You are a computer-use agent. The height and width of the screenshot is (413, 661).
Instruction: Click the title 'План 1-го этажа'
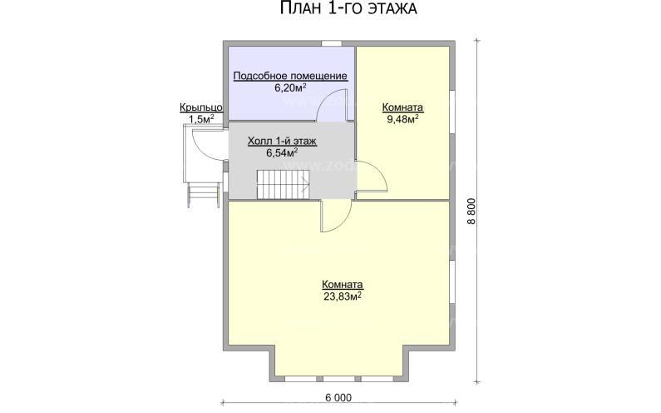348,8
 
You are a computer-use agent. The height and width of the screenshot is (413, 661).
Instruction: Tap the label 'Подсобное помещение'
290,76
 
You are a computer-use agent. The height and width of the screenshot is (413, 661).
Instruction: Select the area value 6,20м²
290,87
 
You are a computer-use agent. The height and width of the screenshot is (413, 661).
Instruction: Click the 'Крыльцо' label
201,107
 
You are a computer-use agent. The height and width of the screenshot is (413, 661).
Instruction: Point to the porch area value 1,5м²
201,119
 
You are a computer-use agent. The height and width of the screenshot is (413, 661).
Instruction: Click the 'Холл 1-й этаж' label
282,142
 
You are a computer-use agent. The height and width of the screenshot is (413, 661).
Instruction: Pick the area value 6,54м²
282,153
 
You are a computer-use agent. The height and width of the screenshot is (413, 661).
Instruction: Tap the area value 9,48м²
402,119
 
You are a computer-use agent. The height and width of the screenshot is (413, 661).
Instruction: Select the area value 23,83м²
343,296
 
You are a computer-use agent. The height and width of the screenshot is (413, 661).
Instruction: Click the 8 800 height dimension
471,212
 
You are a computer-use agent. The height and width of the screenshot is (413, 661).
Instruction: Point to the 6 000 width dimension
338,397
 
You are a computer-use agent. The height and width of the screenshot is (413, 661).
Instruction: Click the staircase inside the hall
283,185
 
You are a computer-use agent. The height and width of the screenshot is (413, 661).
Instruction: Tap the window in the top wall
332,42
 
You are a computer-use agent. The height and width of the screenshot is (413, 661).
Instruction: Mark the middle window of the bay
341,379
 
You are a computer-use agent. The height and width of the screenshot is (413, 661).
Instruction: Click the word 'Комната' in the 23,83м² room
343,285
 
